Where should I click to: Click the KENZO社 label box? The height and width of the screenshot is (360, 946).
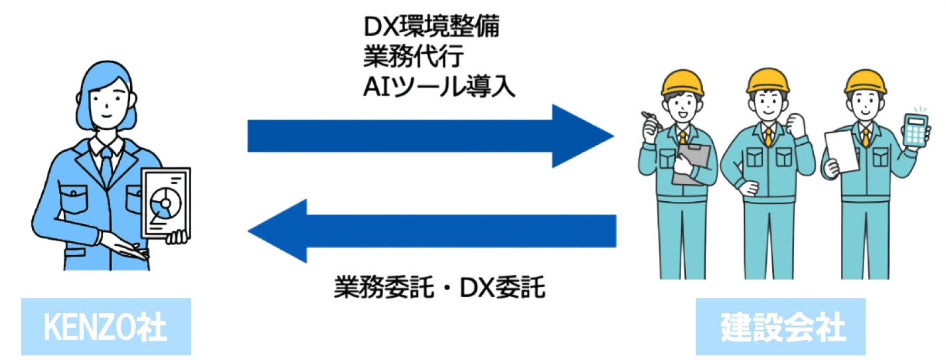pos(106,327)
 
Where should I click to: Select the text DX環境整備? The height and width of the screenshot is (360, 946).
pos(432,27)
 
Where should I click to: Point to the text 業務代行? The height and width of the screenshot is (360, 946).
pos(403,57)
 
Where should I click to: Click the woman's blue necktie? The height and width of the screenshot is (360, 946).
pos(107,167)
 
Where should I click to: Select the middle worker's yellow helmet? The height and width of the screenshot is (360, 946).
pos(767,79)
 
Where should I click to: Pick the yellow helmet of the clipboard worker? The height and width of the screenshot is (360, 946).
pos(682,82)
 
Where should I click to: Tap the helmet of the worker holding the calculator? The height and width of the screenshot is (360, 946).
pos(866,82)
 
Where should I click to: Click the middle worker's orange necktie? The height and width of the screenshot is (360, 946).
pos(768,137)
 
